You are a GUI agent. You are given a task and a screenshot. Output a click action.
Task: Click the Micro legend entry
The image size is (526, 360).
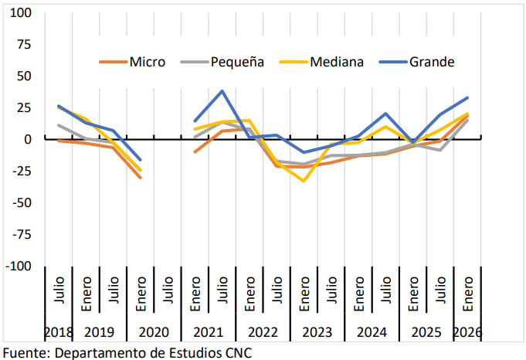147,62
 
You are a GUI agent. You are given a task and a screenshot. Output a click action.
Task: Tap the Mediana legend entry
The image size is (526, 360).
336,62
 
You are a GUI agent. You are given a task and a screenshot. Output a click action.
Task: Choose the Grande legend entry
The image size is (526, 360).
431,62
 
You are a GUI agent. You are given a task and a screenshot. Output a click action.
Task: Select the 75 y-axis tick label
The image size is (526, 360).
25,45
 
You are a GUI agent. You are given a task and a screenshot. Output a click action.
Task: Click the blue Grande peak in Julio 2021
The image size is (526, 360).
222,91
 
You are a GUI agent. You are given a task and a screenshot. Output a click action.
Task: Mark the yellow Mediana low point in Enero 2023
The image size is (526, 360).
304,181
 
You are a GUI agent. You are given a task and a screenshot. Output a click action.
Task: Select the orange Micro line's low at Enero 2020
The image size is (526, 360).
141,178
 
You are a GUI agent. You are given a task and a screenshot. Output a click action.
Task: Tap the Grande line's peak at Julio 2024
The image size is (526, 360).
385,114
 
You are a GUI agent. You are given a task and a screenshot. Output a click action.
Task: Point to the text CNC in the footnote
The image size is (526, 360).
238,352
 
